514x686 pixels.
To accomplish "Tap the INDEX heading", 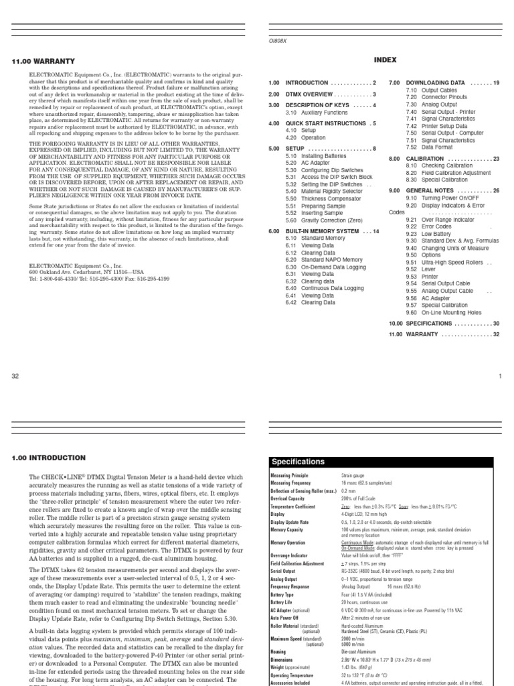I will tap(385, 60).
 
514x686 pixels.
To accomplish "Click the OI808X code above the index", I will tap(276, 40).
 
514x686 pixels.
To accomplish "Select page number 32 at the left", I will tap(16, 376).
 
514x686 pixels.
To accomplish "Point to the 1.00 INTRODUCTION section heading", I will tap(49, 458).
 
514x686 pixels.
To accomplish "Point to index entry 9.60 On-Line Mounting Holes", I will tap(442, 312).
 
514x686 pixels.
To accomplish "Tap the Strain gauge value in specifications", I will tap(353, 474).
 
